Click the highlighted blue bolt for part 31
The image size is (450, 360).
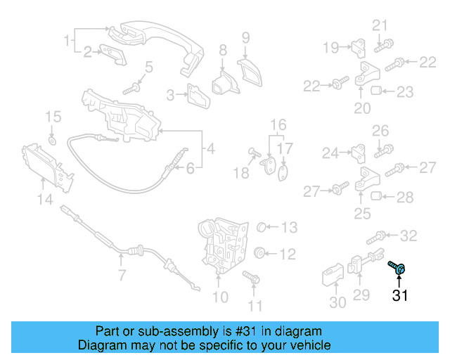[397, 267]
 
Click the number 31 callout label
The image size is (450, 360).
[399, 295]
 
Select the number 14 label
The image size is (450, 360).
[44, 200]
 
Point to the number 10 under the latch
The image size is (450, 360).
[220, 297]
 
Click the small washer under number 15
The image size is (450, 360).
[53, 138]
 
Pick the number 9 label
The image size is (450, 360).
[246, 37]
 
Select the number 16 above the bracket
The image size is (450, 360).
[278, 124]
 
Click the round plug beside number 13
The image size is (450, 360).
[259, 227]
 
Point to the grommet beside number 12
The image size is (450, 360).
[259, 253]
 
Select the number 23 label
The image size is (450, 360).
[405, 91]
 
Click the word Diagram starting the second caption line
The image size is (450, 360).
[103, 345]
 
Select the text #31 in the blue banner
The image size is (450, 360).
[233, 331]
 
